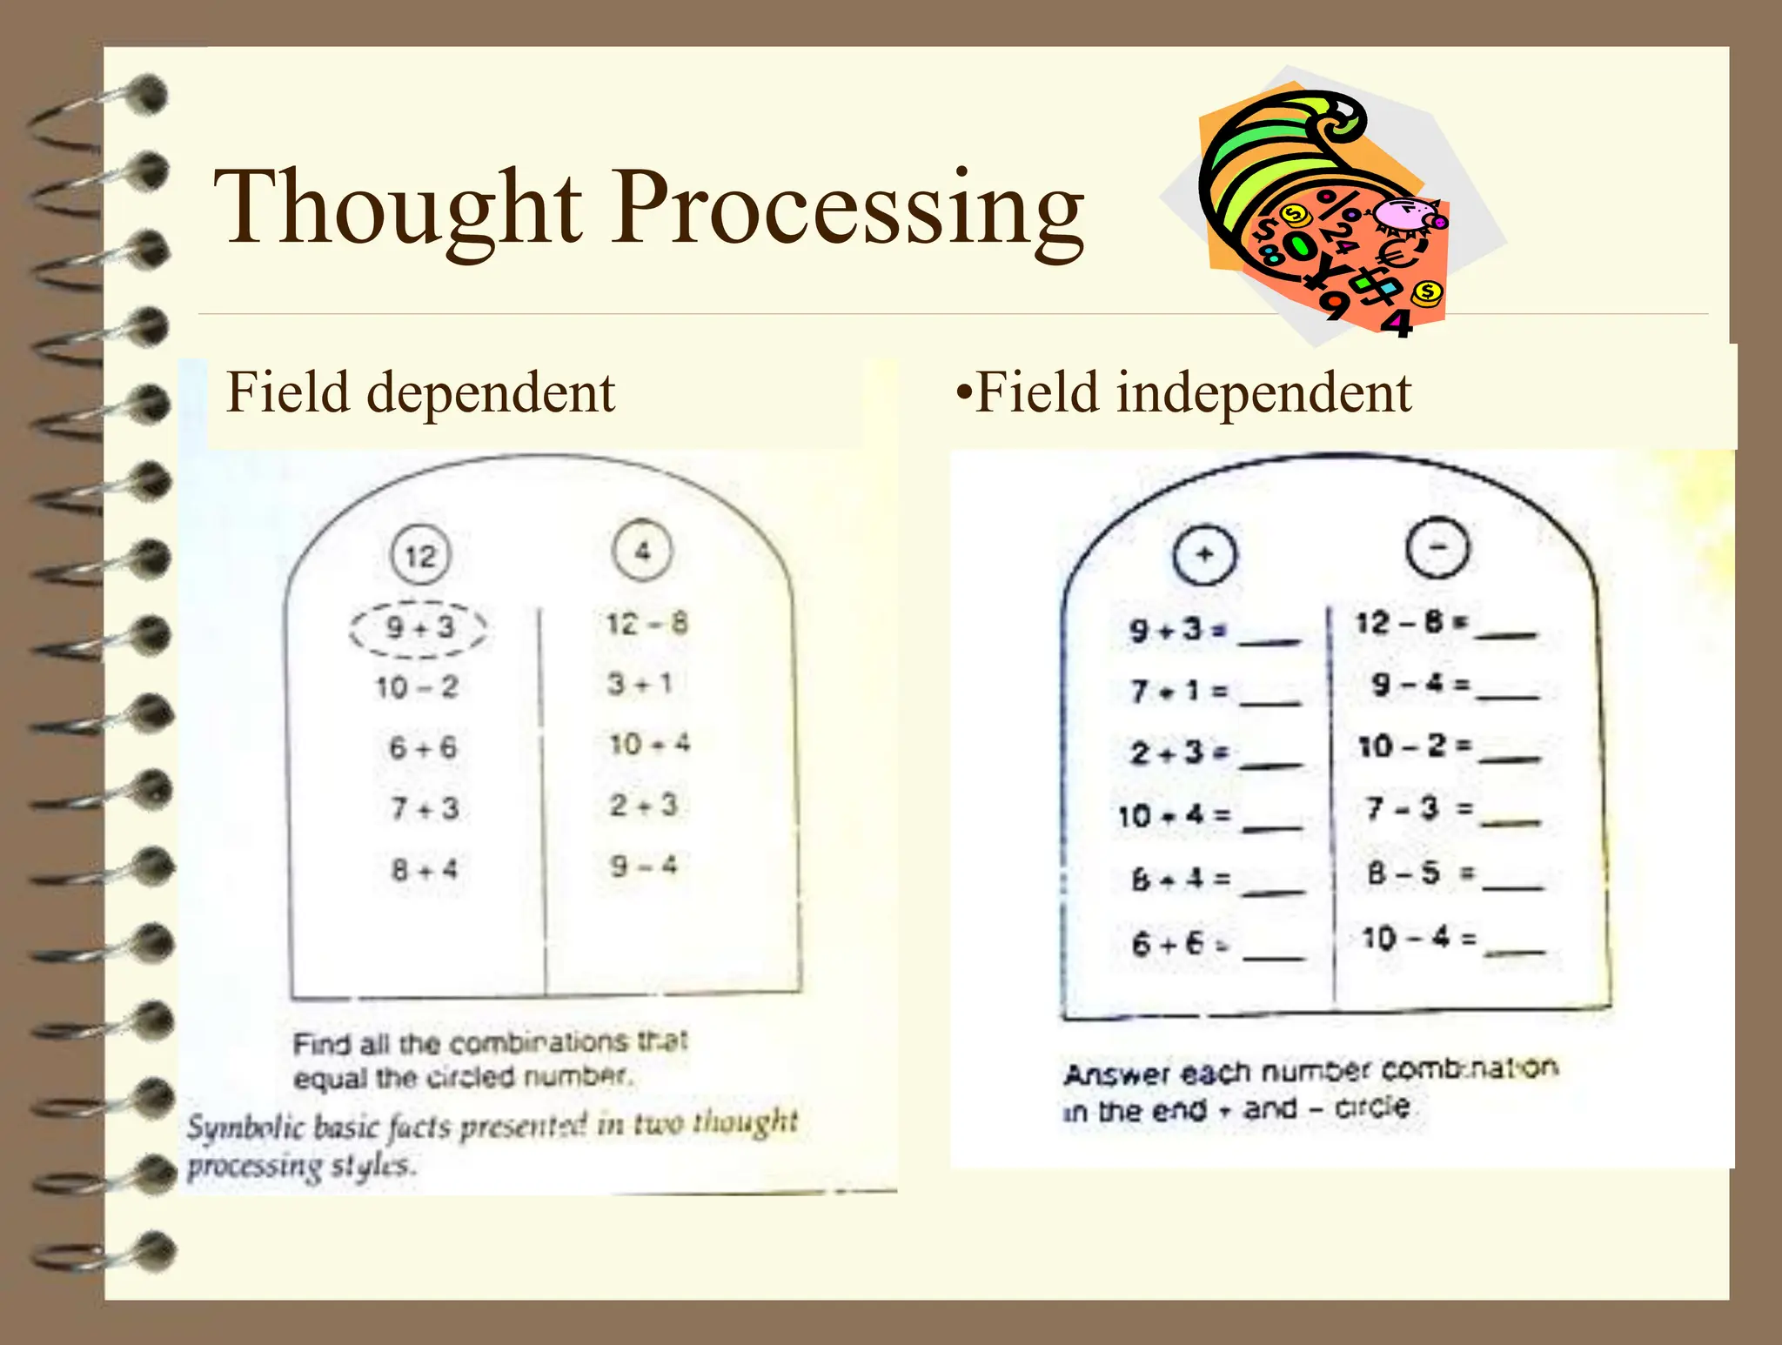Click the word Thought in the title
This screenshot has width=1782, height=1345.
click(x=397, y=209)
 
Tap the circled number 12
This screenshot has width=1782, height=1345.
click(x=420, y=555)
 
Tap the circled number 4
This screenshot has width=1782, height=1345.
click(x=642, y=550)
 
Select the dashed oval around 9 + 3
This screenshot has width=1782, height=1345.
click(x=419, y=627)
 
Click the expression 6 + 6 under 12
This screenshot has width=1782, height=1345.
click(x=422, y=747)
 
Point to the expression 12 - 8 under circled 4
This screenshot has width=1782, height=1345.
click(x=646, y=623)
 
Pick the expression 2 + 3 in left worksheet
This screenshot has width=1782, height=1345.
click(x=642, y=805)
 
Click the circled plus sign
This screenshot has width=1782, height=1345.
click(x=1204, y=554)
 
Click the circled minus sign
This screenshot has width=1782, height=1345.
click(x=1437, y=548)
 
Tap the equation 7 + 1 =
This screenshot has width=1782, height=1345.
click(x=1179, y=692)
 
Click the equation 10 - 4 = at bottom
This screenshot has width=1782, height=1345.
click(x=1418, y=938)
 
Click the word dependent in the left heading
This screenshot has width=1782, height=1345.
click(x=491, y=393)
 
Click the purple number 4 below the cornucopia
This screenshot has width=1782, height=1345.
click(x=1397, y=324)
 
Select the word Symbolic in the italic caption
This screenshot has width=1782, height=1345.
click(x=245, y=1128)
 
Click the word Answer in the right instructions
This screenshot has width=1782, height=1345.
click(x=1116, y=1075)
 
